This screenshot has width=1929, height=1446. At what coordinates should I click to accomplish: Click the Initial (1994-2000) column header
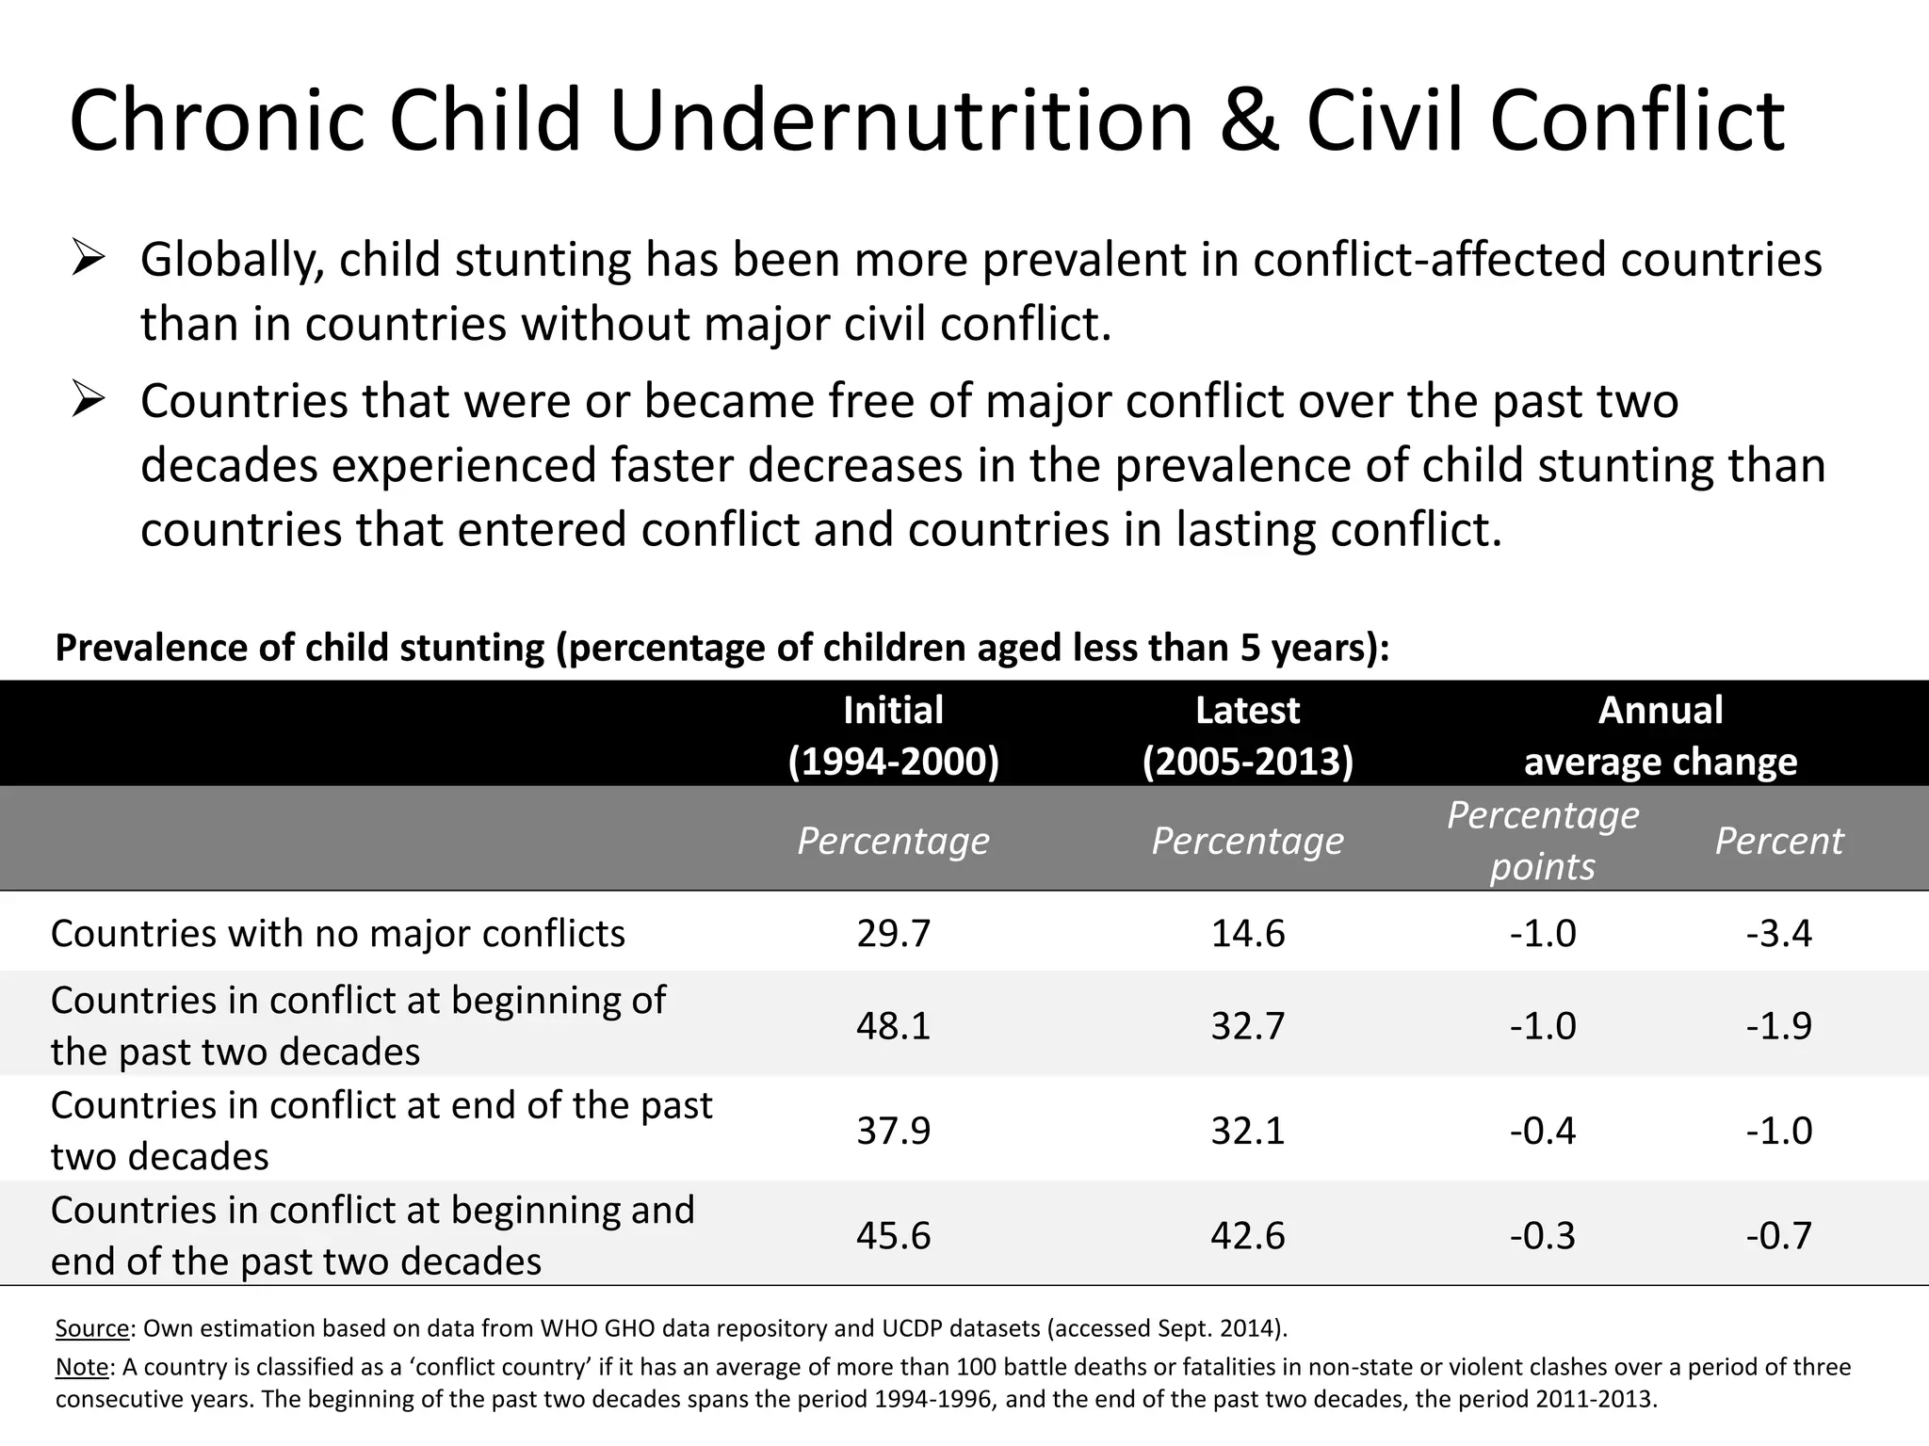(893, 735)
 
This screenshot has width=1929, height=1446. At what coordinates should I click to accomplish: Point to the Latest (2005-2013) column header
(1247, 735)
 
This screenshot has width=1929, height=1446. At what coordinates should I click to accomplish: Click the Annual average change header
(1660, 735)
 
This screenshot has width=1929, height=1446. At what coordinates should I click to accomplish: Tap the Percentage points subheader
(1542, 840)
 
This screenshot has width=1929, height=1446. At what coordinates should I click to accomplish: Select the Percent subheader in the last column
(1778, 841)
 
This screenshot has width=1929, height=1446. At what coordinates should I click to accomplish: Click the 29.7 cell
(893, 933)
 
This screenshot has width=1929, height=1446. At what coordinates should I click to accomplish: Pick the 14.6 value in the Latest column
(1247, 933)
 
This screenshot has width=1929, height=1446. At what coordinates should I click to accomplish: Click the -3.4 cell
(1778, 933)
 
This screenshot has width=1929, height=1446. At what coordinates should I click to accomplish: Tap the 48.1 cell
(893, 1025)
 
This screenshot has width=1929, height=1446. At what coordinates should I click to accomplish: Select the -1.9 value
(1778, 1025)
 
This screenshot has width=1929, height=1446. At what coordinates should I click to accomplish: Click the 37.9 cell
(893, 1130)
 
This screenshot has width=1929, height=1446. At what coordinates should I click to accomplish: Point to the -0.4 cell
(1542, 1130)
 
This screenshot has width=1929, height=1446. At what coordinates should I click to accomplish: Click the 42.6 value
(1247, 1235)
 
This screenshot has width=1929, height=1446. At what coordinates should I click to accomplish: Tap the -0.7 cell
(1778, 1235)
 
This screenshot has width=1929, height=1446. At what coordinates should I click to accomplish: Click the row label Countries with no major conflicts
(337, 933)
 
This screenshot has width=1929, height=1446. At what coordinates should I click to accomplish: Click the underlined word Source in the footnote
(91, 1328)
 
